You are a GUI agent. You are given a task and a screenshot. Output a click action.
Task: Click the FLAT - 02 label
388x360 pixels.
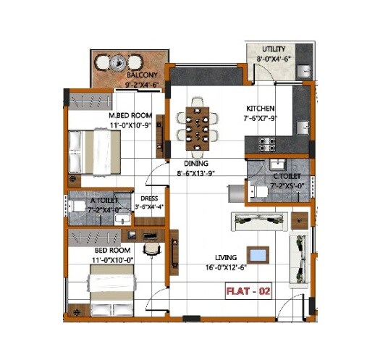[248, 292]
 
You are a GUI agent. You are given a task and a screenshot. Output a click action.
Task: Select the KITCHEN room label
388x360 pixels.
[259, 108]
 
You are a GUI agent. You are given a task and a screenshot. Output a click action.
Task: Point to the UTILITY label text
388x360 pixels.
[274, 49]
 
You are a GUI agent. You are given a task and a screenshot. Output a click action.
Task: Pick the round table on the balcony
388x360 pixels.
[119, 64]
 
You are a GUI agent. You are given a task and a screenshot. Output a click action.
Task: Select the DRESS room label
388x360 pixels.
[149, 198]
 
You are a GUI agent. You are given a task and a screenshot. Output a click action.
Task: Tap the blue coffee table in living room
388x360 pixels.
[258, 254]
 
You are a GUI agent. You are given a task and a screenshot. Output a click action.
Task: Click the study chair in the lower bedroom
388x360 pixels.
[151, 248]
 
